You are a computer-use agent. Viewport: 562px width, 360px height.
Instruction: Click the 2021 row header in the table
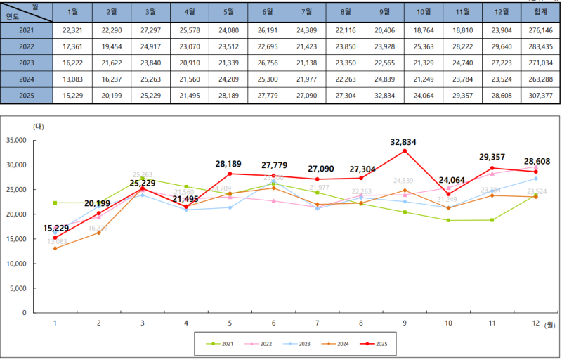pos(26,30)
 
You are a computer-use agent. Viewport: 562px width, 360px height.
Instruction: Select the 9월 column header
pos(384,12)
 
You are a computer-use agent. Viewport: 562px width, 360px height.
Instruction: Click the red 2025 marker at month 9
pos(405,150)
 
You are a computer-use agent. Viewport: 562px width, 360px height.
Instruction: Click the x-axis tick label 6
pos(273,323)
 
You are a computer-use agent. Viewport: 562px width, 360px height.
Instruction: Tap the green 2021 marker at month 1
pos(55,202)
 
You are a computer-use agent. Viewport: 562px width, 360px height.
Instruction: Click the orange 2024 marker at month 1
pos(55,248)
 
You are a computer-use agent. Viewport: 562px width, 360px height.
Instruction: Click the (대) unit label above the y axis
pos(39,126)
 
